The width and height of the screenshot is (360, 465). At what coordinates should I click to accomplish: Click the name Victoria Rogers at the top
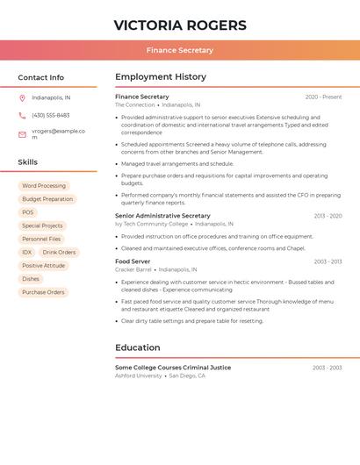pos(180,25)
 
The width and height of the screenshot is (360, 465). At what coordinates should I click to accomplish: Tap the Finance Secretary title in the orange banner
pos(180,51)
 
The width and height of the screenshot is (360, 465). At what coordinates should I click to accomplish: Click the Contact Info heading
pos(41,77)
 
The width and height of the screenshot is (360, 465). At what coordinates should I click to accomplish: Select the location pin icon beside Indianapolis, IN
pos(22,98)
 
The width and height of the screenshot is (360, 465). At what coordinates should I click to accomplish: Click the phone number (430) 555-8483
pos(50,116)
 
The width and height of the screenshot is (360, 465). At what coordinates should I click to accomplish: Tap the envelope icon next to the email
pos(22,134)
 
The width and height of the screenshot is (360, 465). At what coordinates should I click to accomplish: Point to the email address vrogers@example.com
pos(58,134)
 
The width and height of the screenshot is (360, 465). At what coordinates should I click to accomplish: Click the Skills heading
pos(28,162)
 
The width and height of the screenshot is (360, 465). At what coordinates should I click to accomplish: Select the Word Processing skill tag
pos(44,186)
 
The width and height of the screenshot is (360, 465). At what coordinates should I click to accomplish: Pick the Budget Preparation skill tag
pos(47,199)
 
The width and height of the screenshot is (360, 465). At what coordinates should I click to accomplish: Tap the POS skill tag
pos(28,212)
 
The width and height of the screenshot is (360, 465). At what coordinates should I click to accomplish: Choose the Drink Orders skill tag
pos(59,253)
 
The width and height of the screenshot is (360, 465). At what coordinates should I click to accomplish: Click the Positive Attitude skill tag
pos(44,266)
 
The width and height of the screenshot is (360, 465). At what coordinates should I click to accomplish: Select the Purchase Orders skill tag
pos(43,292)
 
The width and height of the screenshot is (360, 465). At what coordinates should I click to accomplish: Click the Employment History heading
pos(161,77)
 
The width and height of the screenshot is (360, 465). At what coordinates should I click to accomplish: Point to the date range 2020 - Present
pos(323,97)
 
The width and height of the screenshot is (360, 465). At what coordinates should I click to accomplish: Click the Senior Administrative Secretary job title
pos(162,216)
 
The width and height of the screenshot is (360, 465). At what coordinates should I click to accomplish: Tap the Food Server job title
pos(133,261)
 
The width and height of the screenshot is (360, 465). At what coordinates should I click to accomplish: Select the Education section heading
pos(138,347)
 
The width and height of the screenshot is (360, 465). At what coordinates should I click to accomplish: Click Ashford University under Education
pos(139,376)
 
